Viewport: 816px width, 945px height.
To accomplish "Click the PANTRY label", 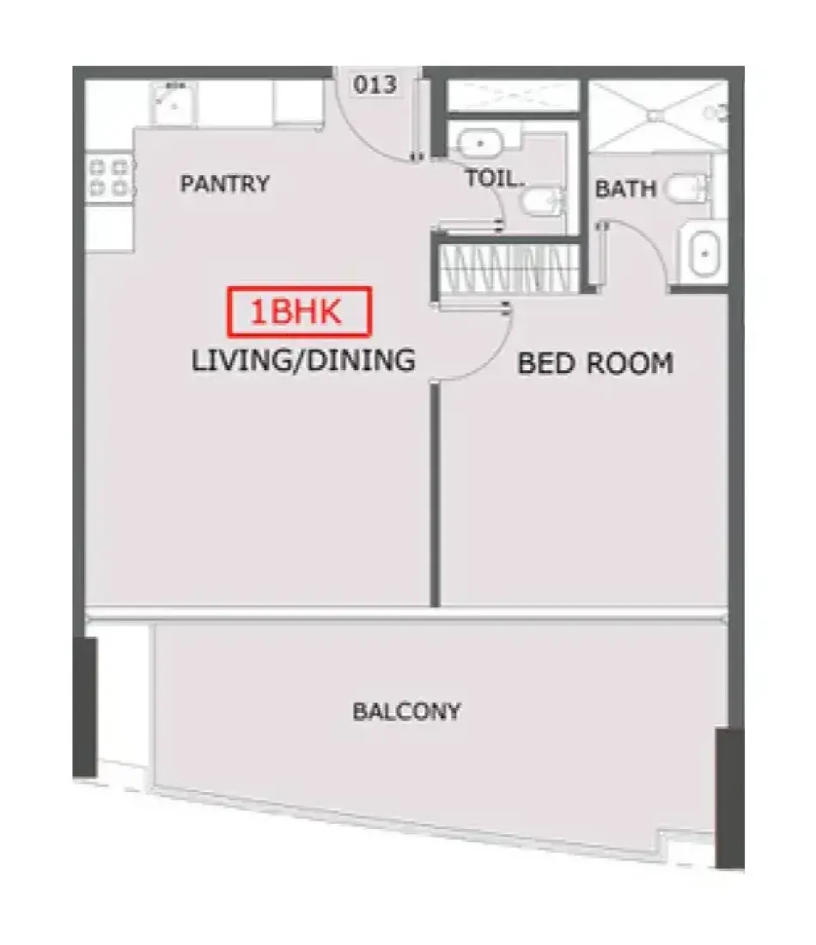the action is (x=225, y=183).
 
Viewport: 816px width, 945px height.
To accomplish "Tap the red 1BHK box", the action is (x=299, y=311).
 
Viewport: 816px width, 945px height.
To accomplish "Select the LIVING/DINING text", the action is (x=303, y=360).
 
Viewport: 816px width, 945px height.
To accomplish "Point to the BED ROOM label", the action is (x=595, y=363).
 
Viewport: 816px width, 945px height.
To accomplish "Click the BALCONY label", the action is (x=407, y=711).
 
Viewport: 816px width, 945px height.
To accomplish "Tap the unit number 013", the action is (x=375, y=84).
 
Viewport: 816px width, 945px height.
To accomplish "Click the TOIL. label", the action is (x=494, y=179).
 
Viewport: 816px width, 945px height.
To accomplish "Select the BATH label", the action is (x=625, y=189).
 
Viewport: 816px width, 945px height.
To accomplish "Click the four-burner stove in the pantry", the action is (x=109, y=177).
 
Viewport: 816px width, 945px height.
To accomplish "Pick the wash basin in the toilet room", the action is (x=479, y=144).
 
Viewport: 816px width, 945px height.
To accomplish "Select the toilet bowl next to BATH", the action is (x=687, y=188).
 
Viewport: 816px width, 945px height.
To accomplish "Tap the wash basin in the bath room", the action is (x=703, y=253).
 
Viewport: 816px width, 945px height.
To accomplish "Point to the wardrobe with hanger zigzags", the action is (x=505, y=270).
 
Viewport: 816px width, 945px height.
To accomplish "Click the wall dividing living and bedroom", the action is (x=435, y=494).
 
